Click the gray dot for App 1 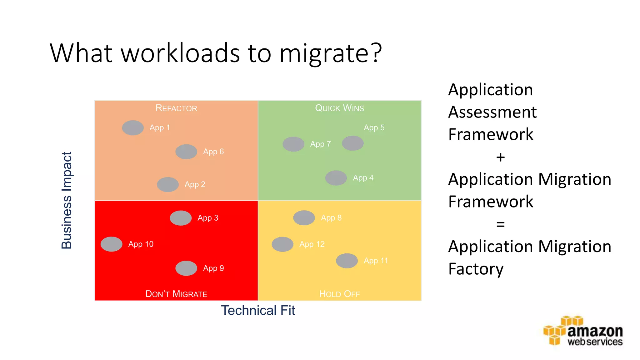[x=133, y=128]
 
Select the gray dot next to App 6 [x=186, y=152]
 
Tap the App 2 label [x=195, y=184]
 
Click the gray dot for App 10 [x=112, y=244]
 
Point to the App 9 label [x=213, y=268]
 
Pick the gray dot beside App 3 [x=181, y=218]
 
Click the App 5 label [x=374, y=127]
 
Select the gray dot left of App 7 [x=293, y=144]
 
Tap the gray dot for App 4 [x=336, y=178]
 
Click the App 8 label [x=331, y=218]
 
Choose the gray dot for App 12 [x=282, y=244]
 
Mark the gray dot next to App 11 [x=347, y=261]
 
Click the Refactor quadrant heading [x=176, y=108]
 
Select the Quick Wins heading [x=339, y=108]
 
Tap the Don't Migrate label [x=176, y=294]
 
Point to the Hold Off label [x=339, y=294]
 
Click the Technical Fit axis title [x=258, y=310]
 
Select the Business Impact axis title [x=67, y=200]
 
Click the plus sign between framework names [x=500, y=157]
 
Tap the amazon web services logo [x=583, y=332]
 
